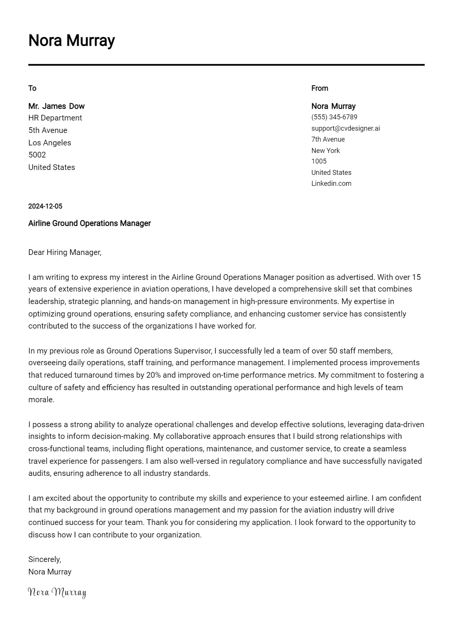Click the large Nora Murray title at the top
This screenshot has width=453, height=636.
tap(71, 40)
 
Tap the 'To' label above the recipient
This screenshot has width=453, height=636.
tap(32, 88)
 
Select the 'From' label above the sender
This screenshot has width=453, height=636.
tap(319, 88)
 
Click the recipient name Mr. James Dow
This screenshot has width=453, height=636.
tap(56, 106)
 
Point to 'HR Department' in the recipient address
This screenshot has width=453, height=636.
tap(55, 118)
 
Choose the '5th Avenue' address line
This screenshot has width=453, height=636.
tap(48, 130)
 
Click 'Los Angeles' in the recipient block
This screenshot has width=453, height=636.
tap(49, 143)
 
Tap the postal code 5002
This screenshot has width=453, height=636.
tap(37, 155)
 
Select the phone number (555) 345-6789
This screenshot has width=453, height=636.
tap(334, 117)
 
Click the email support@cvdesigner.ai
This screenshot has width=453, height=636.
tap(345, 128)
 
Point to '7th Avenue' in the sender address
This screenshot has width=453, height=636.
tap(328, 139)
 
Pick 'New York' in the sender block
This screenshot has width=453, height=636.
tap(325, 151)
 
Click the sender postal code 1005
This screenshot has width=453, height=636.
tap(319, 161)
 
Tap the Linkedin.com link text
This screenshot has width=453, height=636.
tap(331, 184)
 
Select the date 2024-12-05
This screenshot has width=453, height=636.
tap(45, 206)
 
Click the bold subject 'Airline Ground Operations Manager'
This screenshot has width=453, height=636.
tap(89, 223)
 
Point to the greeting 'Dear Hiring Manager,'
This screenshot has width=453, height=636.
tap(65, 252)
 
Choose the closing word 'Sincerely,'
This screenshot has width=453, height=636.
tap(45, 559)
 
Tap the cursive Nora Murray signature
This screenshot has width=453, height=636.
tap(57, 592)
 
